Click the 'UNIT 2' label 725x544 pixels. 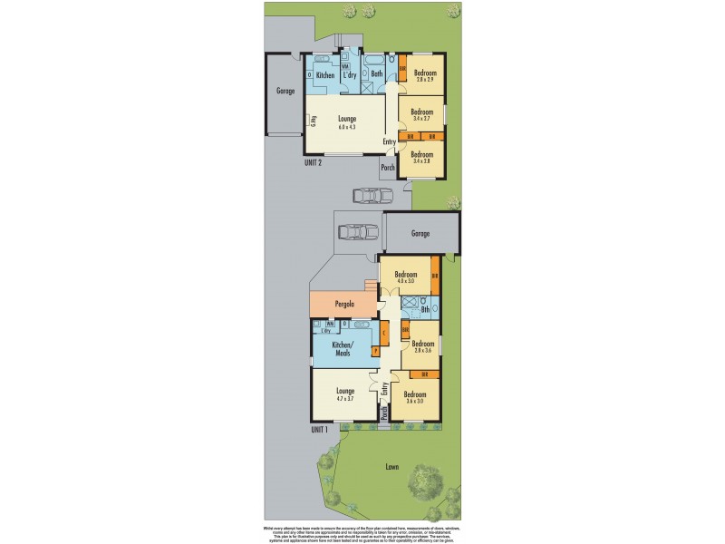314,163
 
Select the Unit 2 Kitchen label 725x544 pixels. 325,74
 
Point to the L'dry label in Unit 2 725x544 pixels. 350,74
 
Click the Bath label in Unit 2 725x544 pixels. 376,73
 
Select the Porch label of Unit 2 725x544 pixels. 388,168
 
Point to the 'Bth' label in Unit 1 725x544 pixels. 425,311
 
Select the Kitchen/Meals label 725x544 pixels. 342,350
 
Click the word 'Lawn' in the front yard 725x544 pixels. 391,467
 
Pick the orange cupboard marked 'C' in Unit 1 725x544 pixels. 384,333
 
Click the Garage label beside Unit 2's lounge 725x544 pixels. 287,92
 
